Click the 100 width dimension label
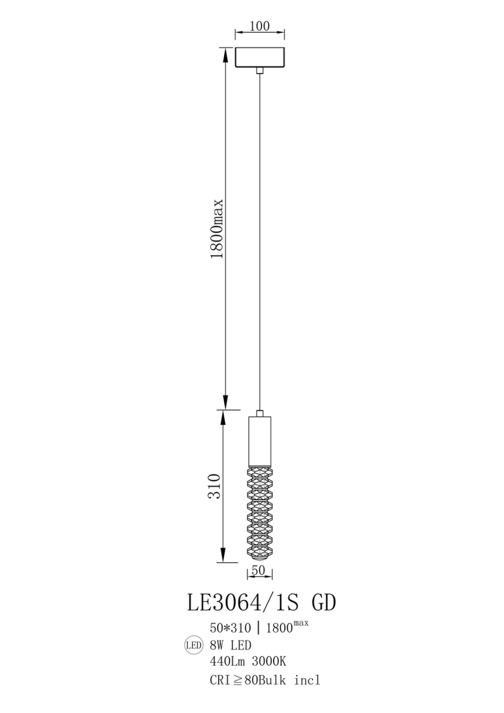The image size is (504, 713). (259, 27)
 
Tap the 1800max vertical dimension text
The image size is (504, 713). (218, 229)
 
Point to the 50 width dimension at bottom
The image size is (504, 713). (259, 570)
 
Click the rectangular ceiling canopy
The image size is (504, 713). (259, 58)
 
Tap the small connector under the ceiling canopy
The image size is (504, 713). (259, 70)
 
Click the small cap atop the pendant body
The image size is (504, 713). (260, 413)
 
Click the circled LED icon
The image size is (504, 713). (194, 646)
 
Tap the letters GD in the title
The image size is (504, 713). (324, 602)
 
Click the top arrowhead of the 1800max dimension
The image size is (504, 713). (225, 53)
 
